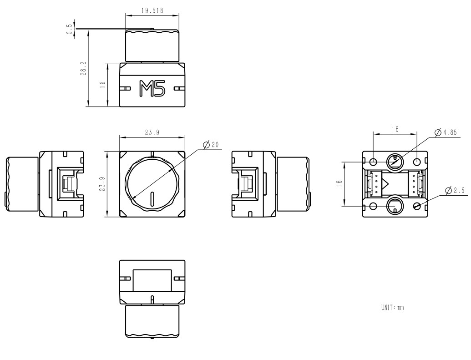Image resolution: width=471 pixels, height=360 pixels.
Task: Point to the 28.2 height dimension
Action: (x=83, y=69)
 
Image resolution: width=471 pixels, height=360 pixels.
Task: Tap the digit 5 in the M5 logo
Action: (x=160, y=89)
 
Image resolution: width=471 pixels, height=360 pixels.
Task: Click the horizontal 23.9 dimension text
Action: (x=152, y=132)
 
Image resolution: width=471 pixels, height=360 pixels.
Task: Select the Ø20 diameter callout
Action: (x=211, y=145)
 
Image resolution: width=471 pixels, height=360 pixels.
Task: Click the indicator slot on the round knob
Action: (x=152, y=199)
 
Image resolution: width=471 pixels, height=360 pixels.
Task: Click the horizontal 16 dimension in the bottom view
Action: (x=395, y=129)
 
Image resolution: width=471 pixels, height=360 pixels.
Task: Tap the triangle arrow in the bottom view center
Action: (x=385, y=184)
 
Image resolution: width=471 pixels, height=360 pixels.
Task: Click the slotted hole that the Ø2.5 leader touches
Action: (x=417, y=206)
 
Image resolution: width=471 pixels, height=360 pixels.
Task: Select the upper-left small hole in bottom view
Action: (x=373, y=162)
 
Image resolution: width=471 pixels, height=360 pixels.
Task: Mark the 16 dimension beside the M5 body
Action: (x=103, y=85)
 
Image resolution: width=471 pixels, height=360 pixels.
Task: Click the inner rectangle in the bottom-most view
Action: (x=152, y=280)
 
